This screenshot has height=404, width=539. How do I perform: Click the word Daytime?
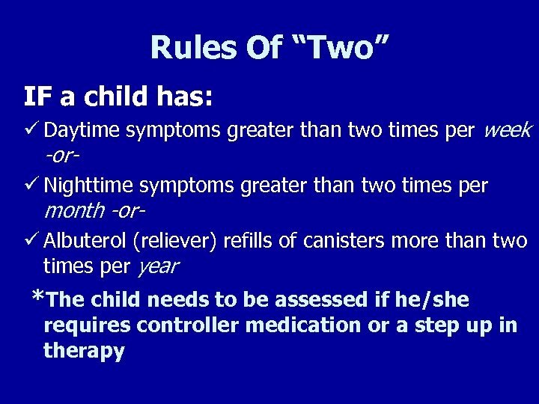tap(82, 131)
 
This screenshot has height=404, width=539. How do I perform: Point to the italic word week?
tap(508, 131)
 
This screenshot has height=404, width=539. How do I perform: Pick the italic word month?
tap(74, 211)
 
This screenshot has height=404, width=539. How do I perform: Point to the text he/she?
tap(425, 301)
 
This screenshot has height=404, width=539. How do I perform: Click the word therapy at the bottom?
tap(84, 352)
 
